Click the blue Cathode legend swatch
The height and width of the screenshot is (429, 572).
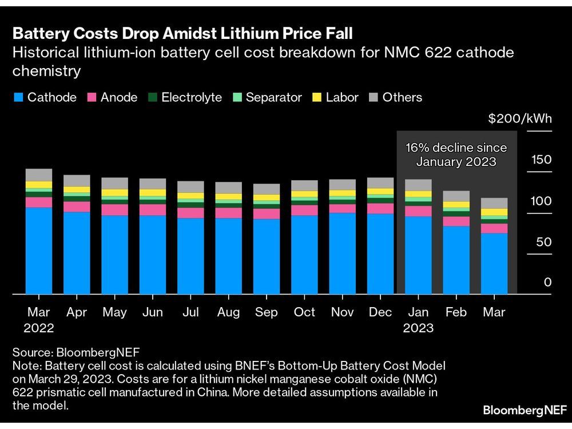point(18,98)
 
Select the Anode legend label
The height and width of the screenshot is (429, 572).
point(119,97)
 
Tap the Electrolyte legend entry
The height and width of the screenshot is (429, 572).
point(192,97)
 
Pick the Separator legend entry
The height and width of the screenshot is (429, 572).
point(273,97)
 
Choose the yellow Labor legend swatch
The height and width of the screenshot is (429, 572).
point(317,98)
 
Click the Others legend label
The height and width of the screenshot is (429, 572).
point(402,97)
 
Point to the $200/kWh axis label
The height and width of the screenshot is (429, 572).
point(520,119)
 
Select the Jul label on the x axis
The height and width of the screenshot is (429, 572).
point(190,312)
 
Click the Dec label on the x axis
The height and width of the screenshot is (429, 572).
point(380,312)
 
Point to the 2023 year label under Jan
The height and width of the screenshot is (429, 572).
point(418,329)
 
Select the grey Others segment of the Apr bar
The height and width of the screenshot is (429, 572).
point(77,181)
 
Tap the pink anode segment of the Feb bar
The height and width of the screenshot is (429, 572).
point(456,221)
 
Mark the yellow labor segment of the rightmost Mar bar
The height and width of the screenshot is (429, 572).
point(494,212)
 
